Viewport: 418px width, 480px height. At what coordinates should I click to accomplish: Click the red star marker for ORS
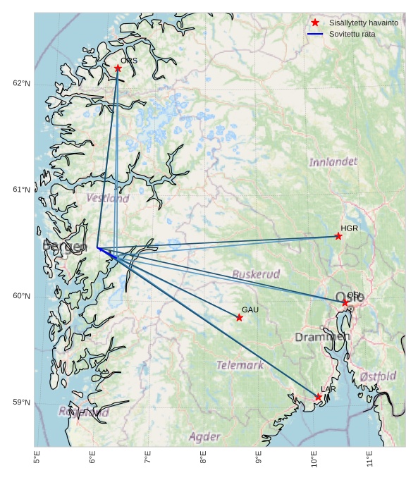point(118,68)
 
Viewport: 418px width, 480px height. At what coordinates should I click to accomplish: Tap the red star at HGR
point(338,236)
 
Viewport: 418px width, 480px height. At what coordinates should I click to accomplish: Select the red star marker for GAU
point(240,318)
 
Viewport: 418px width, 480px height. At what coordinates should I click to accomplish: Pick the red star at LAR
point(318,398)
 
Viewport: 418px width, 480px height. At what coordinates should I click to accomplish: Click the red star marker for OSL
point(345,302)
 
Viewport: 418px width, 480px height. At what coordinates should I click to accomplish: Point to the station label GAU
point(250,310)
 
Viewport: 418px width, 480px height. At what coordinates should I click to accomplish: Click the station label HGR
point(349,228)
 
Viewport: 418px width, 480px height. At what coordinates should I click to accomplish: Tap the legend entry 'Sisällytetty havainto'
point(363,23)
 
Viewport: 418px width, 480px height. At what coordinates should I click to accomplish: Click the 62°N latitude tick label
point(21,83)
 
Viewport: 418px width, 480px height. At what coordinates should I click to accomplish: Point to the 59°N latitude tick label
point(21,402)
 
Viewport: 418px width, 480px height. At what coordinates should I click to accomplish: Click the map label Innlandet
point(333,162)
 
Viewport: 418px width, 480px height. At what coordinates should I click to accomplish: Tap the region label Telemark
point(240,365)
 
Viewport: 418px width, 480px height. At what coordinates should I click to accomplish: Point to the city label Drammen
point(321,338)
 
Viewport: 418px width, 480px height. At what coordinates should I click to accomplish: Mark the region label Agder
point(204,437)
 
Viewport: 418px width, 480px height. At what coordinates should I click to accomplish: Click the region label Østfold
point(378,376)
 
